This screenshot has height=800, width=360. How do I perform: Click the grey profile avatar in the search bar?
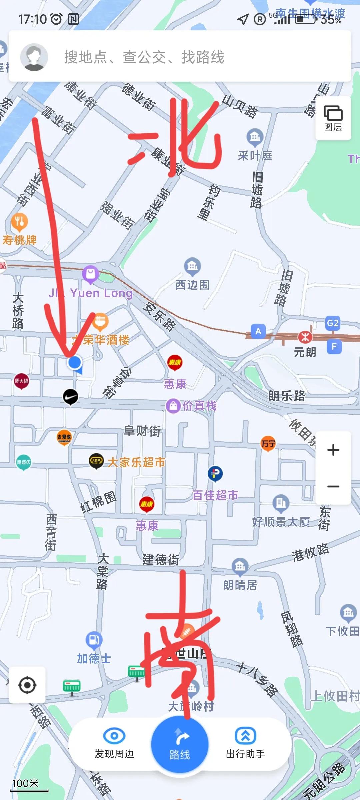pyautogui.click(x=34, y=57)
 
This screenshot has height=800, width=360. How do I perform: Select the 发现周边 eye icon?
pyautogui.click(x=114, y=736)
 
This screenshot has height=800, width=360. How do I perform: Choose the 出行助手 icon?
pyautogui.click(x=245, y=736)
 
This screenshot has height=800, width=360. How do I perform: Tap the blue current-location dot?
pyautogui.click(x=75, y=362)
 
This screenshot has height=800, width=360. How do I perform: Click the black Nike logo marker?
pyautogui.click(x=71, y=397)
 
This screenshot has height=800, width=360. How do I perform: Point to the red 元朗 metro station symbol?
pyautogui.click(x=305, y=337)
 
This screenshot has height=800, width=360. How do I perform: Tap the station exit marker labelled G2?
pyautogui.click(x=333, y=323)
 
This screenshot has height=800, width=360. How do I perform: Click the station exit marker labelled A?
pyautogui.click(x=258, y=331)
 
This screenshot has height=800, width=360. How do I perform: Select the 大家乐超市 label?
pyautogui.click(x=136, y=462)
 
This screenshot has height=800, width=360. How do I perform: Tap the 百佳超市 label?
pyautogui.click(x=215, y=495)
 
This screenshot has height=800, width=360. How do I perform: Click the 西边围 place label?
pyautogui.click(x=192, y=285)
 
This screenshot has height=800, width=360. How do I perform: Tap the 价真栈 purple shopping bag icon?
pyautogui.click(x=173, y=406)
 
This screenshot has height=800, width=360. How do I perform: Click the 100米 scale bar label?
pyautogui.click(x=26, y=783)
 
